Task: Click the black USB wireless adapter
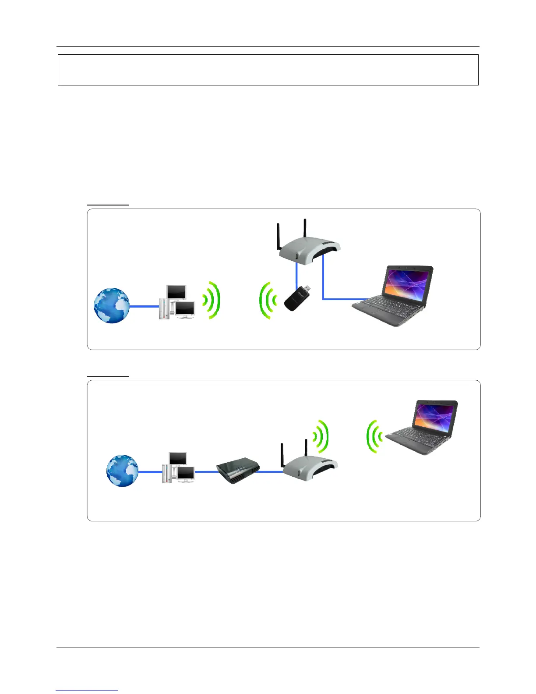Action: pyautogui.click(x=294, y=300)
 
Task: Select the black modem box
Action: pyautogui.click(x=238, y=471)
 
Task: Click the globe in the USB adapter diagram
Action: pyautogui.click(x=112, y=306)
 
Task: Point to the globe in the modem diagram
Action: pyautogui.click(x=123, y=471)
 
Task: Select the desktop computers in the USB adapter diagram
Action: pyautogui.click(x=176, y=302)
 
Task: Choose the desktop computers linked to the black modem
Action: pyautogui.click(x=179, y=468)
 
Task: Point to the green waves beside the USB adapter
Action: pyautogui.click(x=268, y=301)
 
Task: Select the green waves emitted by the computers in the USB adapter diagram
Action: pyautogui.click(x=212, y=301)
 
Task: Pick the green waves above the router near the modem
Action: pyautogui.click(x=321, y=436)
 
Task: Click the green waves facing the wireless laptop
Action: pyautogui.click(x=374, y=436)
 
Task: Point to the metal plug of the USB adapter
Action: pyautogui.click(x=307, y=289)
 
